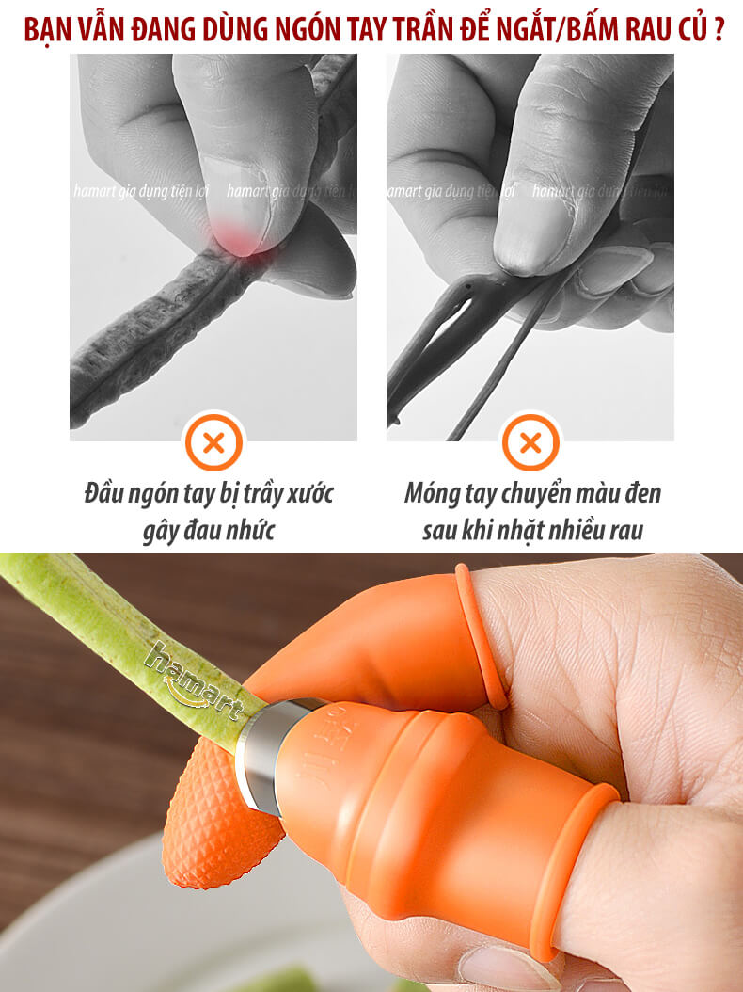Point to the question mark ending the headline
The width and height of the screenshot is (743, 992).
(718, 30)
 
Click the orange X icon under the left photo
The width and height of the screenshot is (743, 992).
(213, 442)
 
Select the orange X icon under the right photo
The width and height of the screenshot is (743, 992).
(530, 442)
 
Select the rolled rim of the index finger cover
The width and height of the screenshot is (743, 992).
(481, 636)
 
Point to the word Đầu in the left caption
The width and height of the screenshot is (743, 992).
(103, 493)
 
